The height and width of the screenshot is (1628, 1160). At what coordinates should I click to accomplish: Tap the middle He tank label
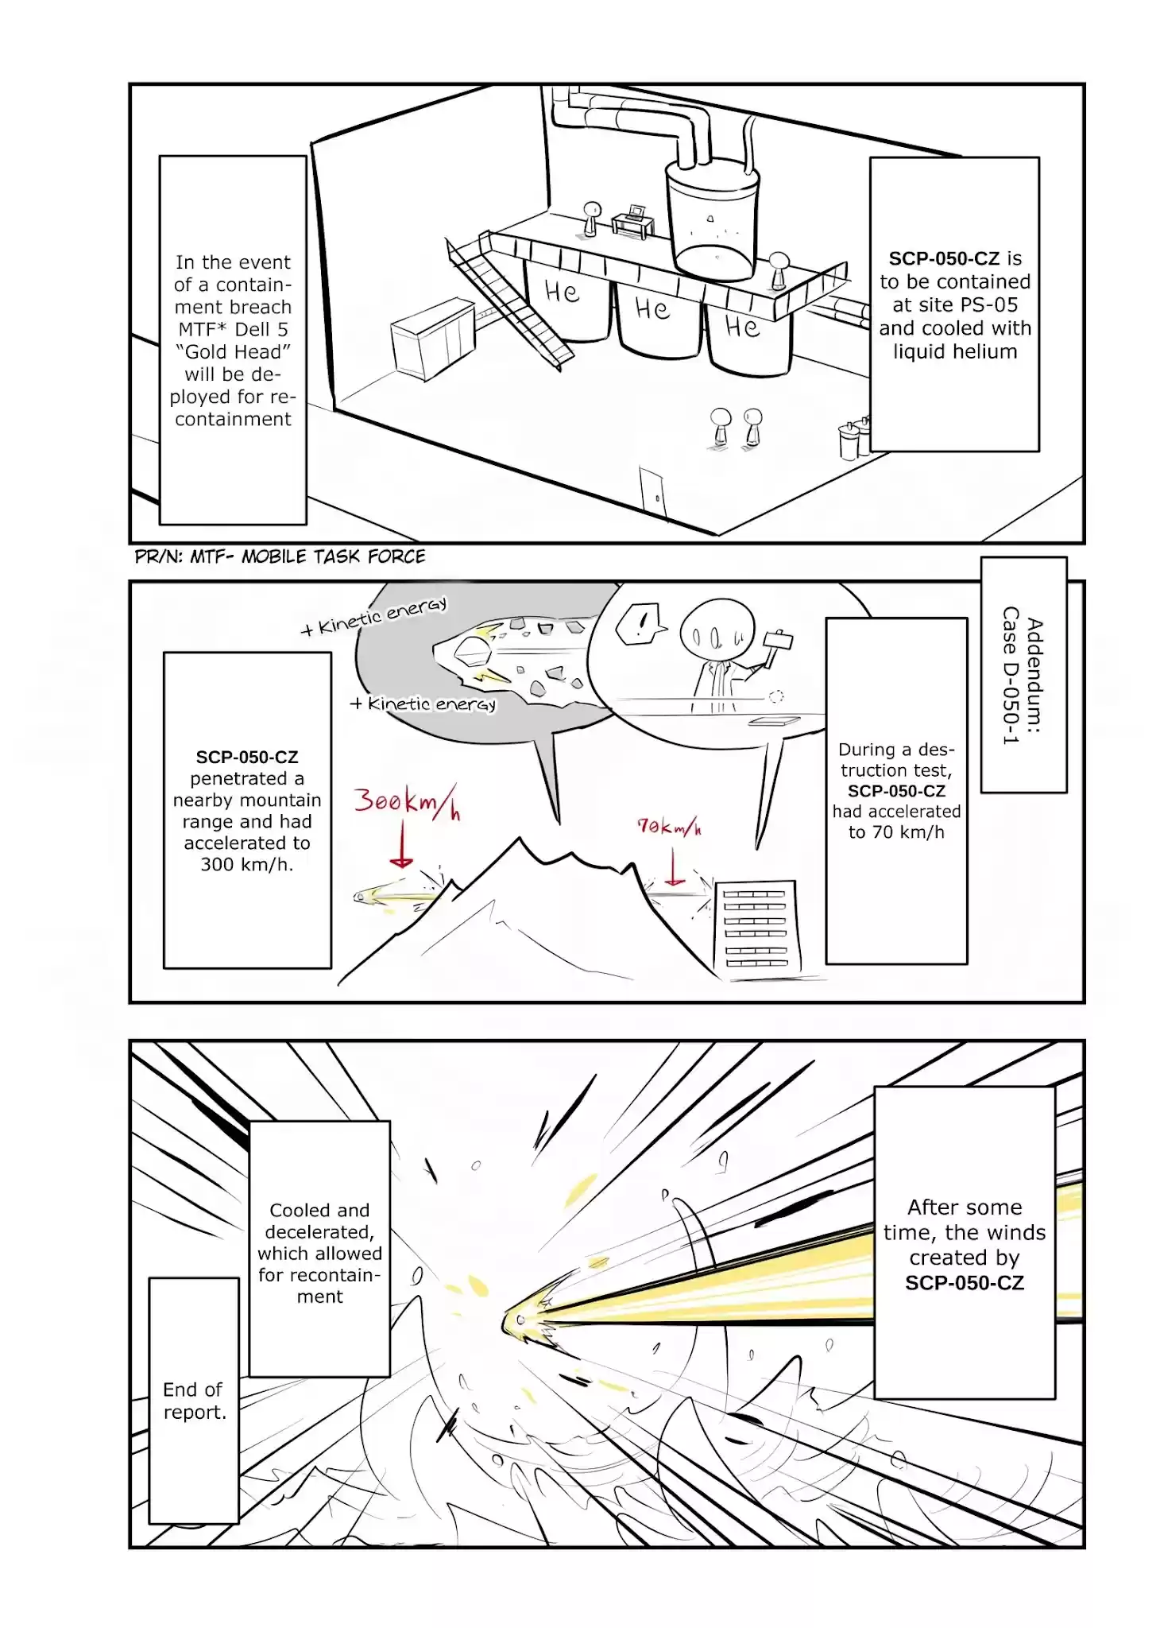point(652,308)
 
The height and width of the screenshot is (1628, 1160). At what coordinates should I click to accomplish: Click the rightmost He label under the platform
point(742,326)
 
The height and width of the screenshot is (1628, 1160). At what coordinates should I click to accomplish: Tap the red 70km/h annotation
point(669,828)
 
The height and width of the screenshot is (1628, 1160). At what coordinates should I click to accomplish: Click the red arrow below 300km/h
point(402,846)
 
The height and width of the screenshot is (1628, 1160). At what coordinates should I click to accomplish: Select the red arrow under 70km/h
point(675,867)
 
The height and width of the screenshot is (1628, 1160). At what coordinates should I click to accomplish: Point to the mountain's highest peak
point(520,841)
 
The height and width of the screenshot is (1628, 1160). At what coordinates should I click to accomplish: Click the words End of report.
point(195,1401)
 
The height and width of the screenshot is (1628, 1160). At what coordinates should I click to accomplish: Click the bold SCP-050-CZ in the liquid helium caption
point(943,258)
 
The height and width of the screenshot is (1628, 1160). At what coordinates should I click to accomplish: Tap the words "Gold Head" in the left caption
point(233,352)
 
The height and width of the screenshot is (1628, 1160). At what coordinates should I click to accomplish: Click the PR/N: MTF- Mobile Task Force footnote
point(280,556)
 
